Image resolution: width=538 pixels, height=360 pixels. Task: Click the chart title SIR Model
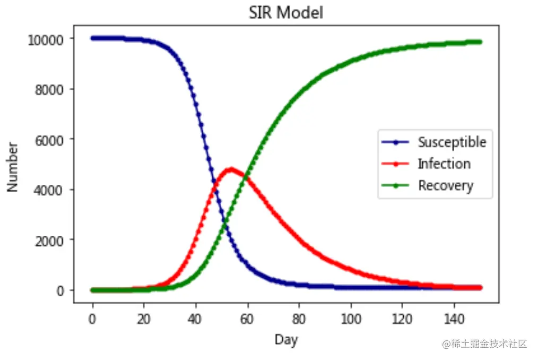(x=286, y=13)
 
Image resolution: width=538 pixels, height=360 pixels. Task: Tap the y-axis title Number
(x=13, y=167)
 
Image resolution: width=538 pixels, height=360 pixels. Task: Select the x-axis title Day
(x=286, y=340)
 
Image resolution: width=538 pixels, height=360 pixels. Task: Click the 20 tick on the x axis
(x=144, y=320)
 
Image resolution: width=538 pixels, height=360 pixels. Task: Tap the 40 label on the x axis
(x=195, y=320)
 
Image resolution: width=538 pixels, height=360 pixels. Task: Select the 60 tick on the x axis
(x=247, y=320)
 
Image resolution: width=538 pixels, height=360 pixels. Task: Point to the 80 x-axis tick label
(x=299, y=320)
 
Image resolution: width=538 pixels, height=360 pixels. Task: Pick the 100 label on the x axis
(x=350, y=320)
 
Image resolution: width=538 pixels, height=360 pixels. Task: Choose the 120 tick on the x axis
(x=402, y=320)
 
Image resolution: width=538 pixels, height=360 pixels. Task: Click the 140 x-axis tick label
(x=454, y=320)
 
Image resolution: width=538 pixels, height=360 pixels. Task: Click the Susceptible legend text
(x=452, y=142)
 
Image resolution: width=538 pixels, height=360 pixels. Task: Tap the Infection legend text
(x=444, y=164)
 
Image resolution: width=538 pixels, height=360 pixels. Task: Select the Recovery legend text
(x=446, y=186)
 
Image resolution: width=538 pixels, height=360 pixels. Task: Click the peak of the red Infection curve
(x=231, y=169)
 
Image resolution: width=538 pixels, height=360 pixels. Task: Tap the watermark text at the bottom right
(x=485, y=344)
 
